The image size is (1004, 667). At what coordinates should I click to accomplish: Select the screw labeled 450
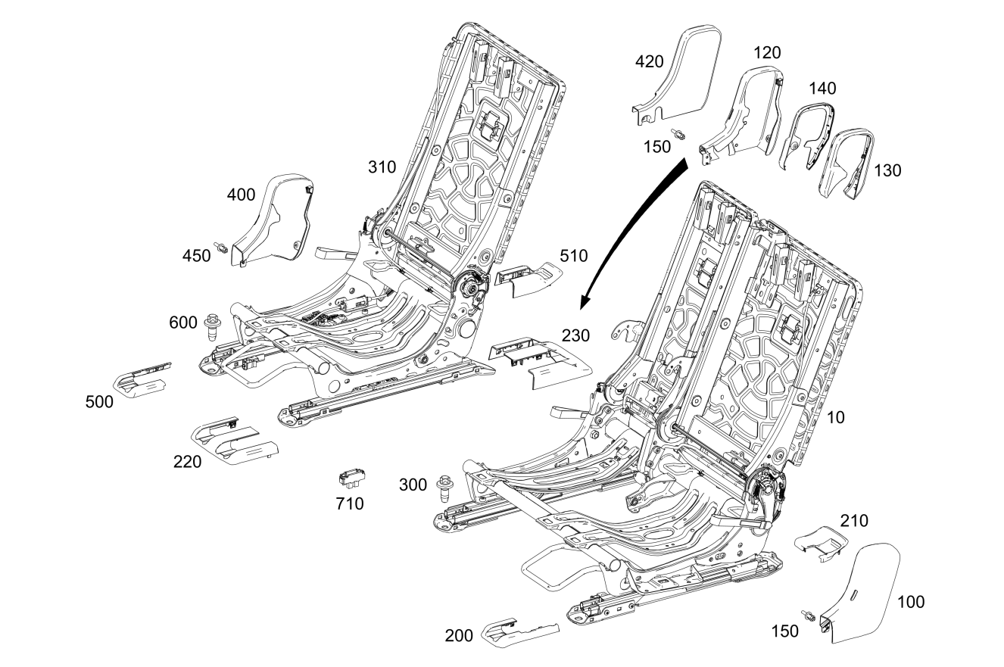[x=222, y=248]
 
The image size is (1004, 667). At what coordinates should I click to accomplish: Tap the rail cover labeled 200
[x=522, y=633]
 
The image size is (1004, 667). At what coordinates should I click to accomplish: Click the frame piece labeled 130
[x=849, y=162]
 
